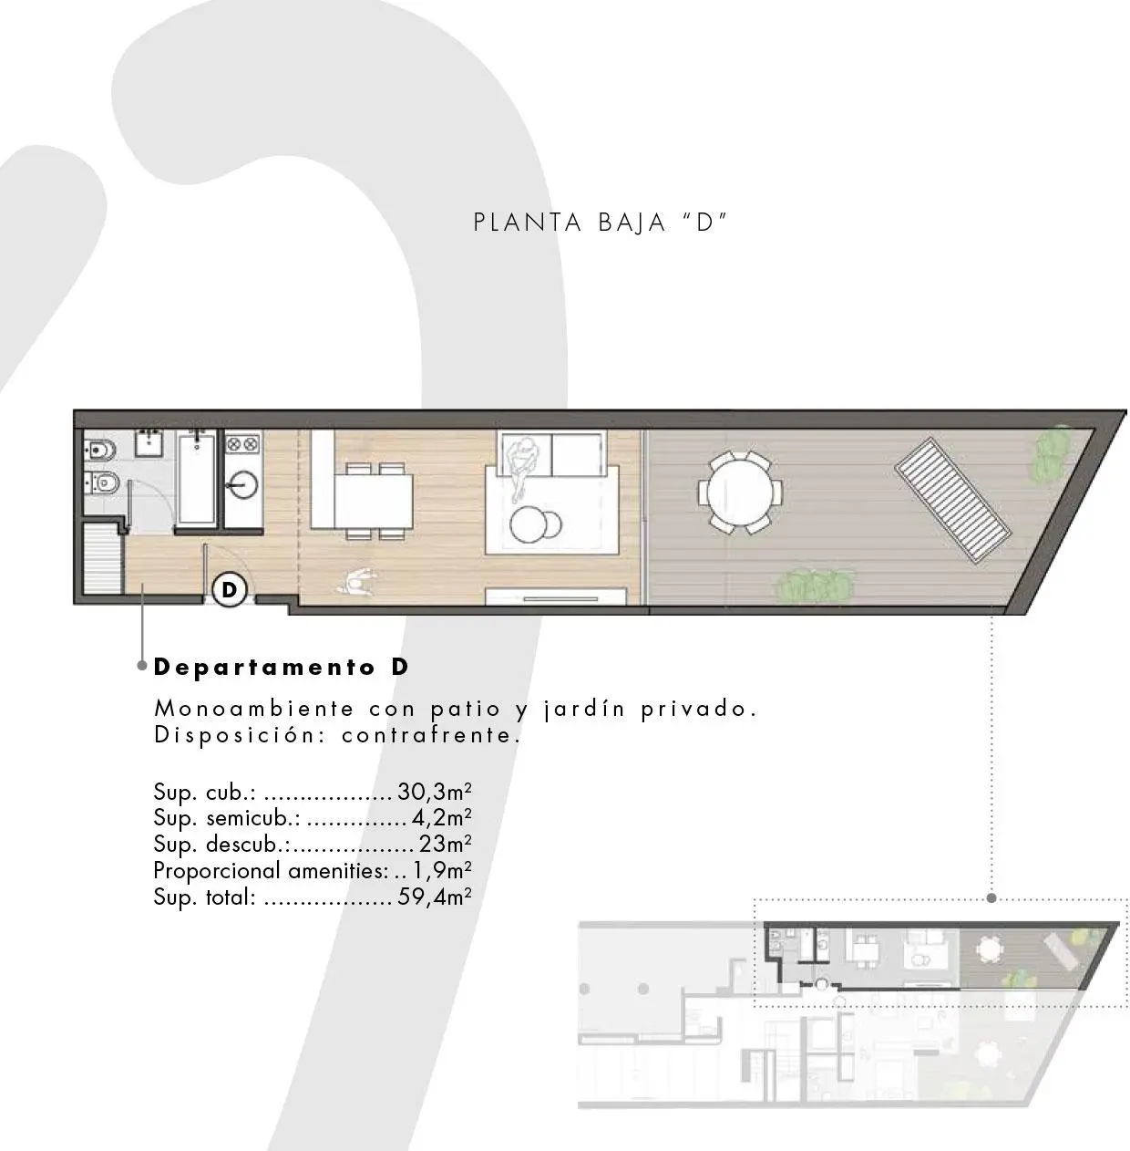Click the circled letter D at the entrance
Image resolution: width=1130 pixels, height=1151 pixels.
tap(230, 589)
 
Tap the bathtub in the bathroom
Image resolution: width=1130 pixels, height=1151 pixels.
tap(197, 477)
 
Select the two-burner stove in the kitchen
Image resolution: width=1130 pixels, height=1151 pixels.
tap(243, 444)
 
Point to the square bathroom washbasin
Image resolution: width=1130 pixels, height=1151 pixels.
tap(150, 442)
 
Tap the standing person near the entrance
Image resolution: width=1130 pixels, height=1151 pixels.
tap(356, 581)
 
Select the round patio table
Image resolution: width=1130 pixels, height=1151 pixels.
tap(740, 493)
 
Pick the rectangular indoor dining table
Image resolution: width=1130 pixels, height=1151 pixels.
tap(373, 501)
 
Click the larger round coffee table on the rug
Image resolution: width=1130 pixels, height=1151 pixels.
tap(529, 524)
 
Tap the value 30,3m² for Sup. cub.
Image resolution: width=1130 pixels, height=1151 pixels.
tap(435, 792)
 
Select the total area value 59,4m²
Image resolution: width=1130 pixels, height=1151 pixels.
tap(435, 897)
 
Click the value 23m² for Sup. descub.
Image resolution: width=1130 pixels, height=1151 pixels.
tap(446, 844)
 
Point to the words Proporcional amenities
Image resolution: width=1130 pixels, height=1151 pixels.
tap(272, 871)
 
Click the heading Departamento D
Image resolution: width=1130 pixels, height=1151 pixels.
tap(282, 668)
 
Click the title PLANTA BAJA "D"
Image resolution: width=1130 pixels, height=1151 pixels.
tap(601, 223)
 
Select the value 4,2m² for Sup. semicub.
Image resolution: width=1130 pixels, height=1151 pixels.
tap(442, 818)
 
